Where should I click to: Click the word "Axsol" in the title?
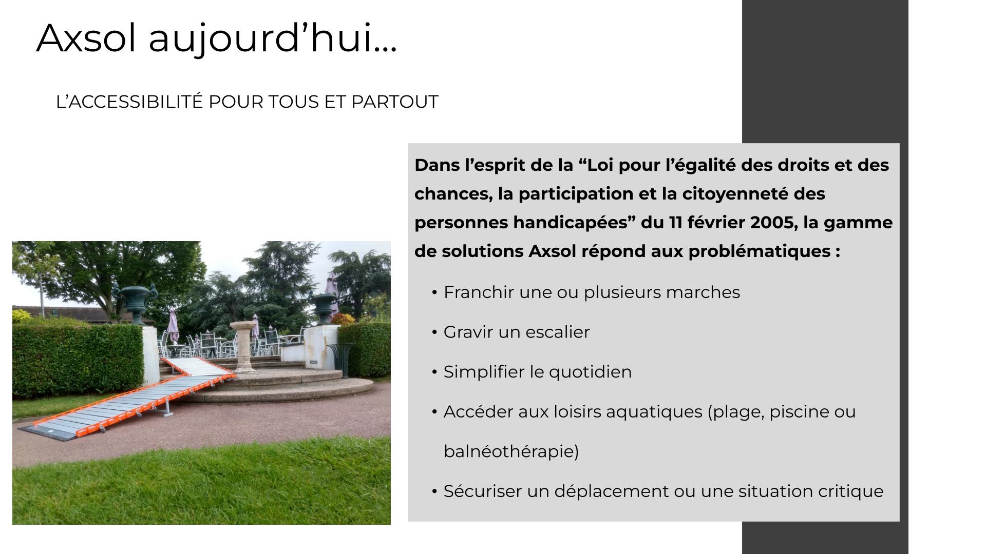tap(88, 37)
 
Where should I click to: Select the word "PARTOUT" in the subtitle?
tap(395, 102)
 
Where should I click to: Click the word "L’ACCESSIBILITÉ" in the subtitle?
tap(129, 102)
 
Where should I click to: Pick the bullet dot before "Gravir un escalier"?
tap(434, 332)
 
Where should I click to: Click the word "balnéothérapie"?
tap(511, 451)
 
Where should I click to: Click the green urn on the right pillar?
tap(325, 308)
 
